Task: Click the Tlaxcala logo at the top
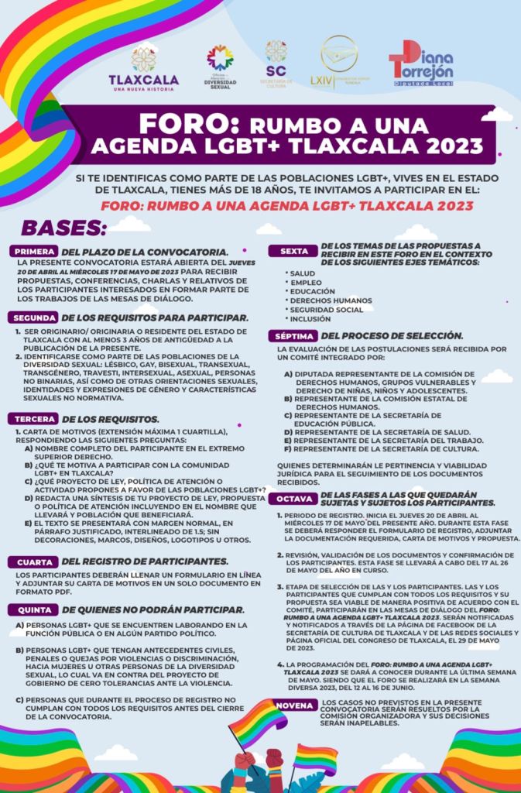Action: tap(143, 67)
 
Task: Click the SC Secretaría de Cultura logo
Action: tap(276, 64)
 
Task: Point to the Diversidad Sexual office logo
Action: tap(220, 67)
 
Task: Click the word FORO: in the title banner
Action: tap(184, 125)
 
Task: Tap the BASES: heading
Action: tap(63, 228)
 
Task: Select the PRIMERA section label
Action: tap(33, 252)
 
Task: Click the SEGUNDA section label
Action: tap(33, 318)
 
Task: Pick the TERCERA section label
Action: tap(33, 419)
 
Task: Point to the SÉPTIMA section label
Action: tap(293, 336)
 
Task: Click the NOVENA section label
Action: tap(294, 705)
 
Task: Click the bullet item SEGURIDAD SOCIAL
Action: tap(326, 310)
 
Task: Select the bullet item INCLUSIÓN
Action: tap(311, 319)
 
